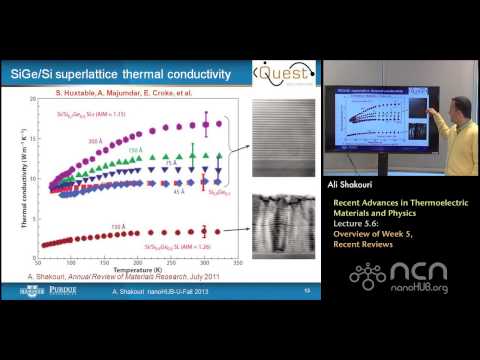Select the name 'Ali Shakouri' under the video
pyautogui.click(x=353, y=186)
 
